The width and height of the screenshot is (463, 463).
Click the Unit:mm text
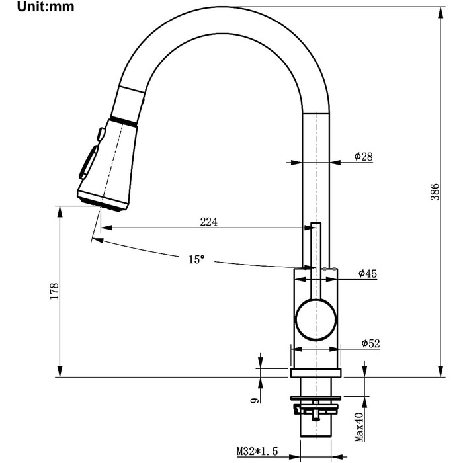(46, 7)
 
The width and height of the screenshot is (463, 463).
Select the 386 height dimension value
(435, 192)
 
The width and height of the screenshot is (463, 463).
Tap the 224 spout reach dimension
(208, 222)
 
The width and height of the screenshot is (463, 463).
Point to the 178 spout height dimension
(54, 292)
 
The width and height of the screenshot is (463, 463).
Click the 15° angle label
(196, 259)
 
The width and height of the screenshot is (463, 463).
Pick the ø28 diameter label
(364, 157)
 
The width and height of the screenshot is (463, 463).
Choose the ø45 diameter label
(368, 273)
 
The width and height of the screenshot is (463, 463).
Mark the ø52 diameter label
(371, 343)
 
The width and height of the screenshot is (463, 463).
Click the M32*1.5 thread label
(257, 451)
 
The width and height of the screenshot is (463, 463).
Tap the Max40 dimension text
(359, 427)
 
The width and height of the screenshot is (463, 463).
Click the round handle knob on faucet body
(316, 319)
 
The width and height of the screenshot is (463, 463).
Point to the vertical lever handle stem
(316, 261)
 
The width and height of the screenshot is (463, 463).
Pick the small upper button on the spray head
(101, 134)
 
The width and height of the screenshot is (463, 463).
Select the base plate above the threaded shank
(316, 372)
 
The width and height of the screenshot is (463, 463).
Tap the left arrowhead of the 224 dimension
(106, 228)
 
